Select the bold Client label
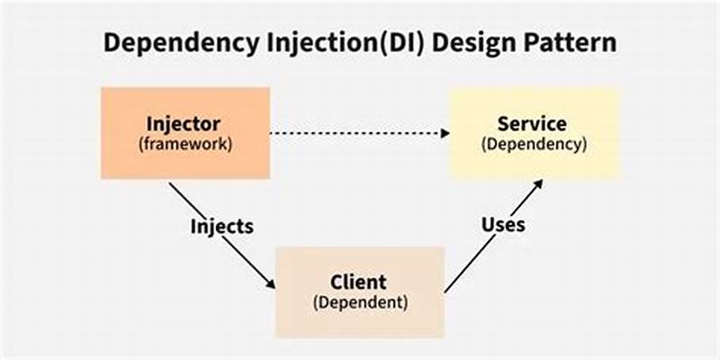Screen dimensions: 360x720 [359, 281]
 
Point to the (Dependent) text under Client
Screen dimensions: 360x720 [359, 301]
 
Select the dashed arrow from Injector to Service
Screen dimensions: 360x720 [360, 133]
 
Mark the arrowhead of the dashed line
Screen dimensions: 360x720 [445, 133]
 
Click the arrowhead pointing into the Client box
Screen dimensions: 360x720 [271, 285]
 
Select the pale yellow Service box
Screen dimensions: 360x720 [535, 132]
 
